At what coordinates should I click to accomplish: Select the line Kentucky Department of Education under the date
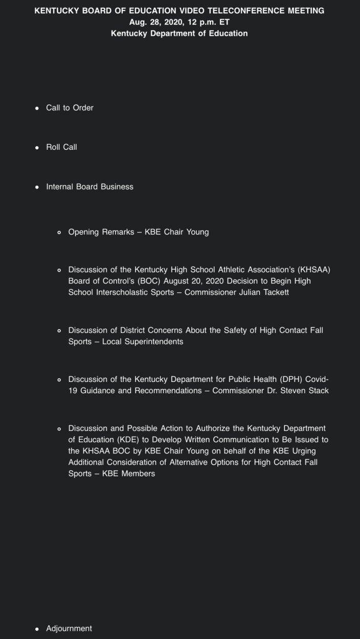179,33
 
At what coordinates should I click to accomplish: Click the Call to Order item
70,108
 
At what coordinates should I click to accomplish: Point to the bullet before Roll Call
37,148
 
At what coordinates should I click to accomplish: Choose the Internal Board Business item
89,187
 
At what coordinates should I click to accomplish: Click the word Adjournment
69,629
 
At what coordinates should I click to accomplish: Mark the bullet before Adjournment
37,629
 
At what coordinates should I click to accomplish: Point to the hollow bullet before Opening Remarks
59,233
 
